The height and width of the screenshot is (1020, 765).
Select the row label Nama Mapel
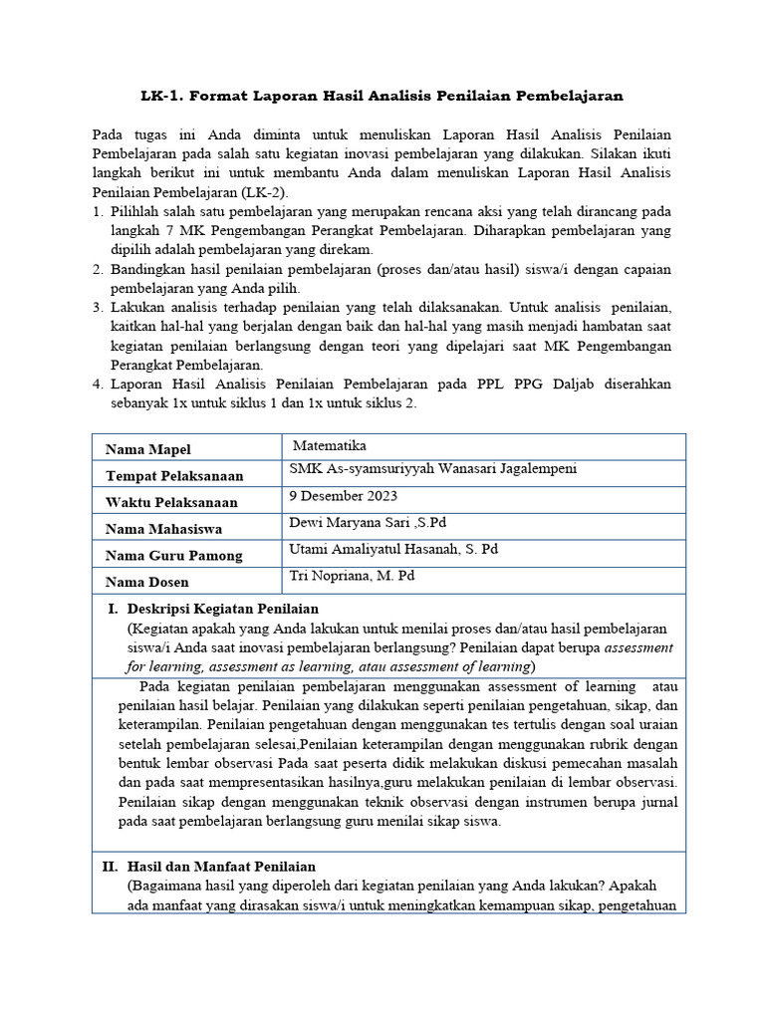(148, 449)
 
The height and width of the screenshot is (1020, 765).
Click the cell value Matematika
(331, 445)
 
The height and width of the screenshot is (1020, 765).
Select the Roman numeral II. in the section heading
(110, 867)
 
